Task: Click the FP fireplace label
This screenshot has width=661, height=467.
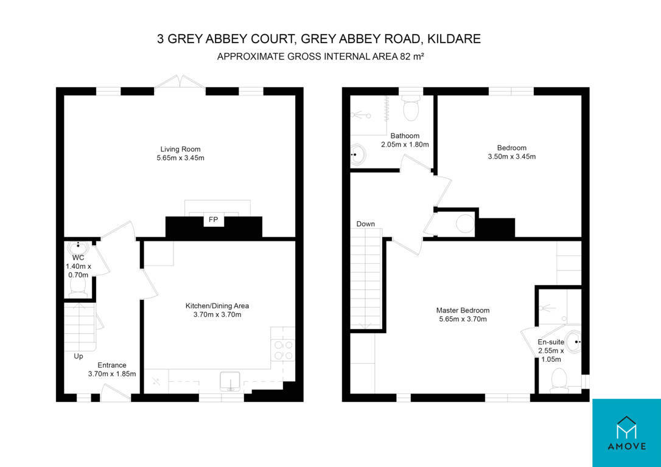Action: click(x=214, y=220)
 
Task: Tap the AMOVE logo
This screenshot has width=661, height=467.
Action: click(x=626, y=433)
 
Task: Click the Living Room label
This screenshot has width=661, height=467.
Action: click(x=180, y=149)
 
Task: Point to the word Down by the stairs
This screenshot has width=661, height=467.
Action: click(x=365, y=224)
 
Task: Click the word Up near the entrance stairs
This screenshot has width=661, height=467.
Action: click(x=79, y=356)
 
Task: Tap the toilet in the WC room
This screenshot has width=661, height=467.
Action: click(x=78, y=286)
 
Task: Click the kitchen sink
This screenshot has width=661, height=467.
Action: click(x=231, y=381)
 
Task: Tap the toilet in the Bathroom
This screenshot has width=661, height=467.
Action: click(x=411, y=106)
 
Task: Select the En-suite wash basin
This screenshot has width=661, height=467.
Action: click(x=573, y=342)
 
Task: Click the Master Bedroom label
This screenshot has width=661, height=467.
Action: click(x=463, y=310)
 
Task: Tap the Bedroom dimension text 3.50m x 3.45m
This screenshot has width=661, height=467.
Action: click(x=512, y=157)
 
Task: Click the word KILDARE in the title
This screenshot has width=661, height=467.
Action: click(x=453, y=39)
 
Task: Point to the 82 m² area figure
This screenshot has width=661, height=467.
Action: click(x=411, y=57)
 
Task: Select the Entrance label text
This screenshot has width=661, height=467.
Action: click(x=112, y=365)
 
